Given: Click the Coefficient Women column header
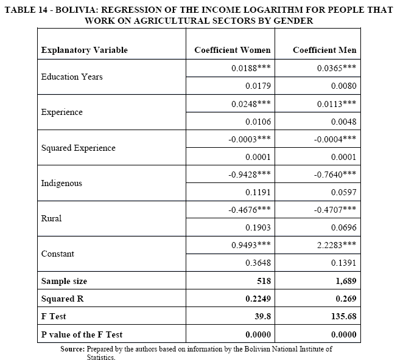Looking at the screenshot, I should (233, 50).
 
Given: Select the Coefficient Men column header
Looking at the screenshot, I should (324, 50).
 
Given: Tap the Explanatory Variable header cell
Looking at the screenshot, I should (84, 50).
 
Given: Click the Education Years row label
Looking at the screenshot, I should (72, 77).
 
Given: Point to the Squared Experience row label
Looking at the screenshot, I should (78, 148).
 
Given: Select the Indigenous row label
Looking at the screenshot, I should (61, 183).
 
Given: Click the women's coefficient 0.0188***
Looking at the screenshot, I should (251, 68).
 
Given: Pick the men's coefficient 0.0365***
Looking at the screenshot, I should (337, 68).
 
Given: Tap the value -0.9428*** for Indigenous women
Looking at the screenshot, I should (250, 174).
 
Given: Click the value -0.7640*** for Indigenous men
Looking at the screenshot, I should (335, 174).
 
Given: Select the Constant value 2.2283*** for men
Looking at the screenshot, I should (337, 245).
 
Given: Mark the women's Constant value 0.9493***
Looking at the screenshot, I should (251, 245).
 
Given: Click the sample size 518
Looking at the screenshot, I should (263, 281).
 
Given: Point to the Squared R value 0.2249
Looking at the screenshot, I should (258, 299).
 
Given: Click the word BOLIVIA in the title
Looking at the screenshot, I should (78, 7).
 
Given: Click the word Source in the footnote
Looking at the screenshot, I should (72, 349).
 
